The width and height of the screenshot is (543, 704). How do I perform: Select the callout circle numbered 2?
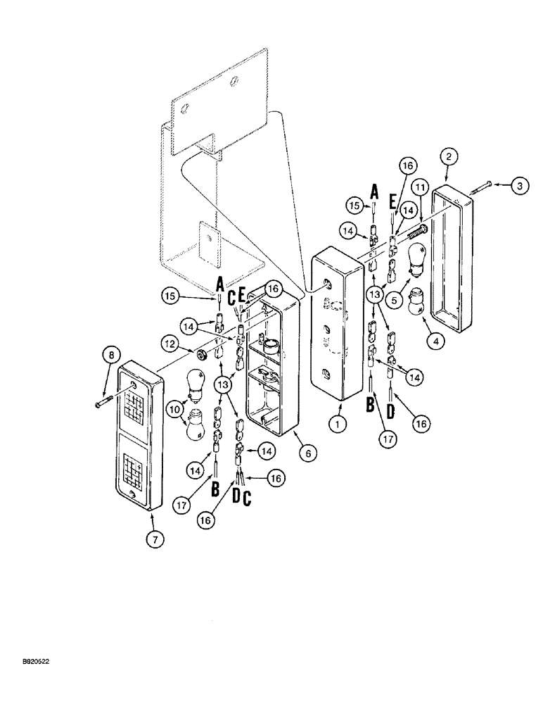click(449, 156)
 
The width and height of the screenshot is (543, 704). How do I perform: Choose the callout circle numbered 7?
click(155, 540)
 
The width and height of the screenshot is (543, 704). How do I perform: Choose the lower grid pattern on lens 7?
click(137, 466)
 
